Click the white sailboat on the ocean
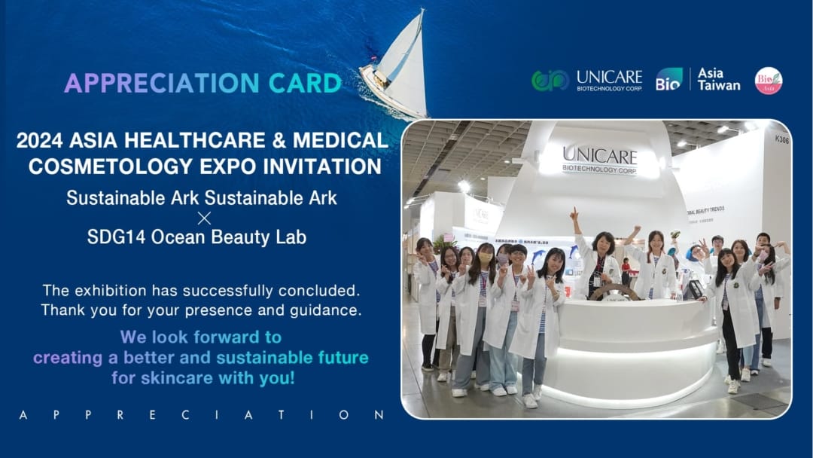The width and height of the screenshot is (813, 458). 397,68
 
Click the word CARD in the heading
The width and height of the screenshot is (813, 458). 305,83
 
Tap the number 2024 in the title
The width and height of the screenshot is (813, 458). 39,140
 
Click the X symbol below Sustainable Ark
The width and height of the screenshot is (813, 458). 204,218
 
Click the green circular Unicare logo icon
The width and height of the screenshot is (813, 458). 550,81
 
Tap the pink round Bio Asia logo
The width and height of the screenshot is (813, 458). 769,81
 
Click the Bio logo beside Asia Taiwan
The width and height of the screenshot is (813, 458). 669,79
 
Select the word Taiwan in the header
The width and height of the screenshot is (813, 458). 719,86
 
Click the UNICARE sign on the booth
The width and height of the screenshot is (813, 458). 599,160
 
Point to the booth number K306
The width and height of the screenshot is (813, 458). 781,139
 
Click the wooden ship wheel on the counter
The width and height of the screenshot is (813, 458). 616,292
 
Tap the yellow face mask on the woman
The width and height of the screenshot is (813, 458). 486,258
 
